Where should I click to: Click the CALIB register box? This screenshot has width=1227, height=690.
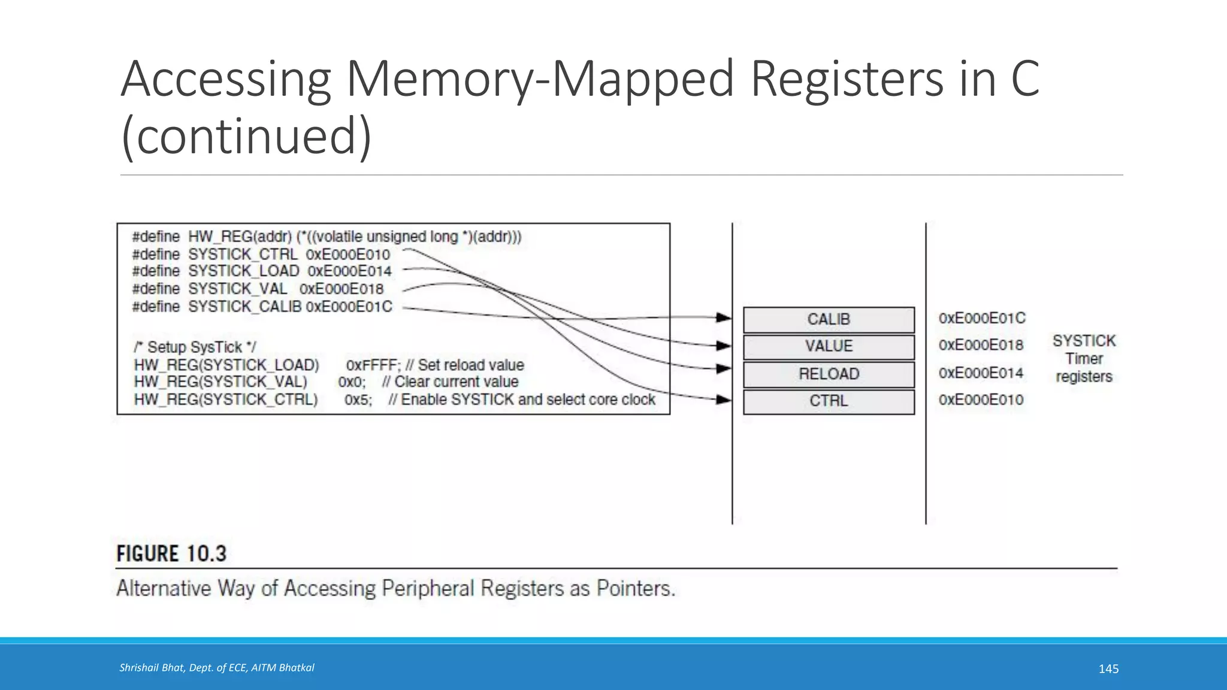tap(829, 320)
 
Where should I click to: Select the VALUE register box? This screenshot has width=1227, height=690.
tap(829, 347)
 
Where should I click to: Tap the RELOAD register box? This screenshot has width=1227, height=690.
tap(829, 374)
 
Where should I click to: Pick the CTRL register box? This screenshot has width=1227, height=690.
tap(829, 401)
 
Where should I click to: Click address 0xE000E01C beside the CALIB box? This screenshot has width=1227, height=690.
tap(981, 318)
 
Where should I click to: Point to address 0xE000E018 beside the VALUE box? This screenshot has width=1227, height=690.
tap(981, 345)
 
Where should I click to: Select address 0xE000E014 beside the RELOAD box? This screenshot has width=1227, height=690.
tap(981, 373)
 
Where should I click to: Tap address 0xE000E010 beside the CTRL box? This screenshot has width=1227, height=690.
tap(981, 400)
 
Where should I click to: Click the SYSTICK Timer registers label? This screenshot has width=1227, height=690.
tap(1084, 359)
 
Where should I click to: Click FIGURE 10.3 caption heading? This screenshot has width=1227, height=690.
tap(171, 553)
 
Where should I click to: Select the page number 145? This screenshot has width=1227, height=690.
tap(1108, 669)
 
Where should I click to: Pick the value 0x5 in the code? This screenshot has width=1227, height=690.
tap(357, 400)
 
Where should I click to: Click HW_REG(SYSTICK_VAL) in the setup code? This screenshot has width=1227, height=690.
tap(220, 382)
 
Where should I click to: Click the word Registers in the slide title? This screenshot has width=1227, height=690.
tap(847, 78)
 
